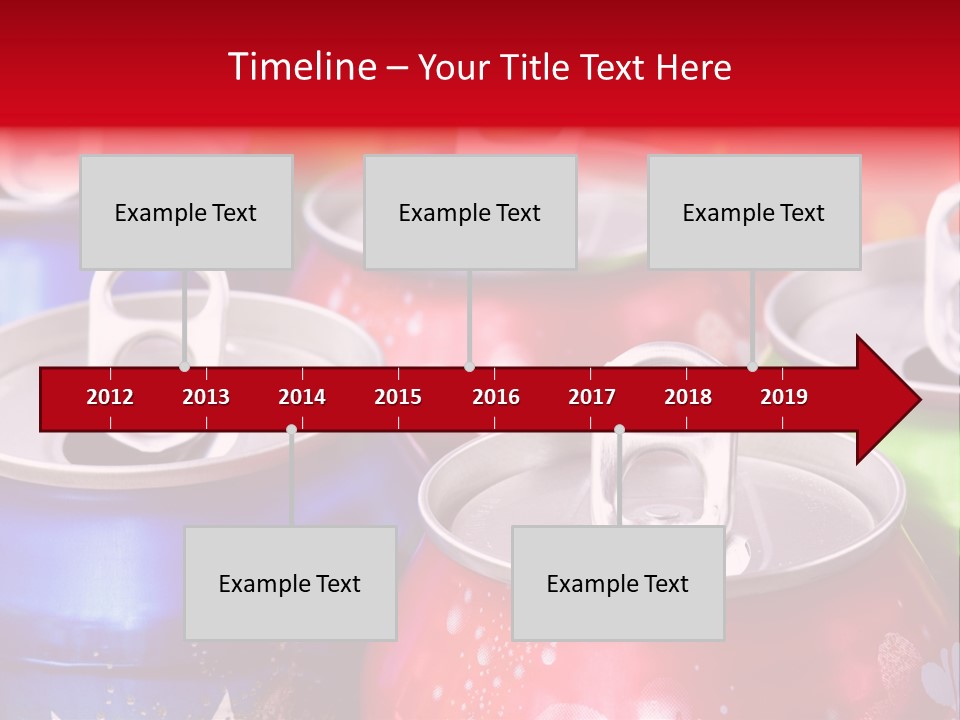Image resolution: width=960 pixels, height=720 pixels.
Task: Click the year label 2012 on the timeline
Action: click(x=110, y=397)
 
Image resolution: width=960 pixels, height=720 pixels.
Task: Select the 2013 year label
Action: click(x=206, y=397)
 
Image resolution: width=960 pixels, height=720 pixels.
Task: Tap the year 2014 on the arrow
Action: click(x=302, y=397)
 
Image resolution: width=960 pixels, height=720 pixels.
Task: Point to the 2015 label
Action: click(x=398, y=397)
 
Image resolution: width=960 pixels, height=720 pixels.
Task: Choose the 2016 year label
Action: click(x=496, y=397)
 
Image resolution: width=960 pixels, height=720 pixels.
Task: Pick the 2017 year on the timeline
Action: click(x=592, y=397)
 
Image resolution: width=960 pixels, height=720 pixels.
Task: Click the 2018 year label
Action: click(x=688, y=397)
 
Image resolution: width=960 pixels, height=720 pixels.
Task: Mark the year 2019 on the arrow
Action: click(x=784, y=397)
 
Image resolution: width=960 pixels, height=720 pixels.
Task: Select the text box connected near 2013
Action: click(x=186, y=212)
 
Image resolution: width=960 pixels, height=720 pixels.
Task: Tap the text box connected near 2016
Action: click(x=470, y=212)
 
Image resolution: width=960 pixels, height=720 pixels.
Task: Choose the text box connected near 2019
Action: click(x=754, y=212)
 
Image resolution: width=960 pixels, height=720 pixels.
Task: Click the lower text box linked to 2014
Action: click(x=290, y=583)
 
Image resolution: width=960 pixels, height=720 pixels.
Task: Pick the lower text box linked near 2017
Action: click(x=618, y=583)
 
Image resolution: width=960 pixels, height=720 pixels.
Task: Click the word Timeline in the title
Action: click(x=301, y=67)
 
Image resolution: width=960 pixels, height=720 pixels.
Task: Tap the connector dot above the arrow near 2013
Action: click(x=184, y=366)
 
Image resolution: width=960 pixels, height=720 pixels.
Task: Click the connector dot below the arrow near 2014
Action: click(x=291, y=430)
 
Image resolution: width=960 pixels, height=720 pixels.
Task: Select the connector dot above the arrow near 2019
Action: click(x=752, y=366)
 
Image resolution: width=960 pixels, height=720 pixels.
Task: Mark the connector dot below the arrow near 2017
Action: click(x=619, y=430)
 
